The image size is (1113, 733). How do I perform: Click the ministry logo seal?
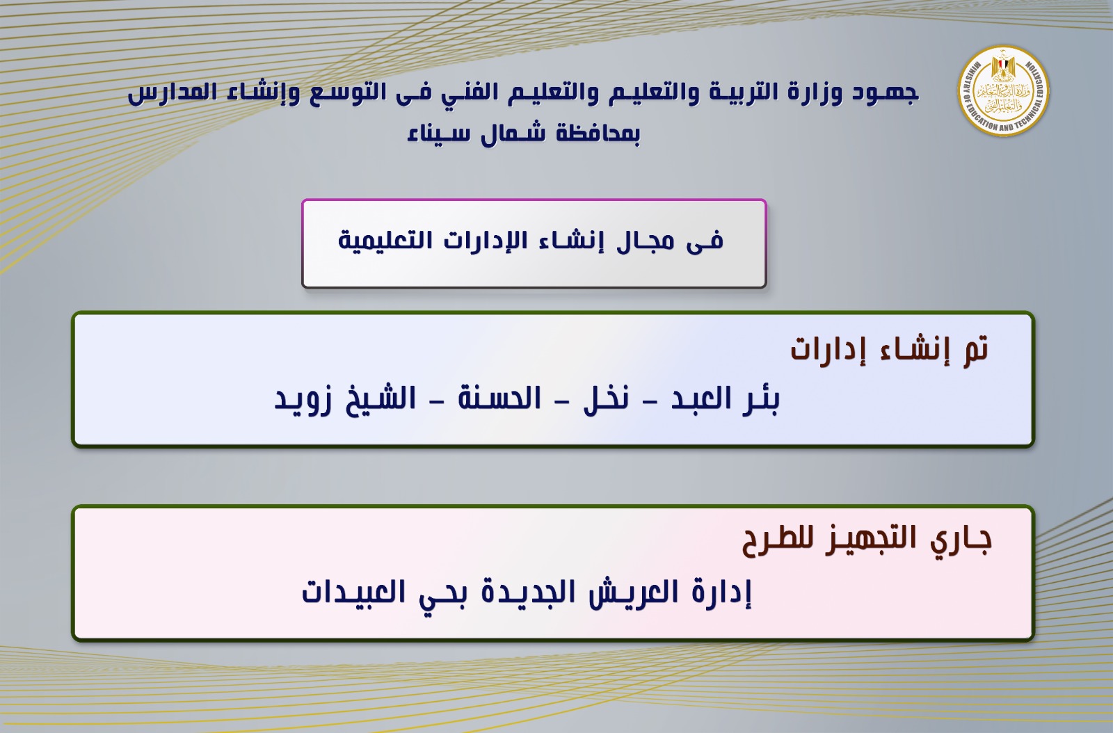click(1003, 91)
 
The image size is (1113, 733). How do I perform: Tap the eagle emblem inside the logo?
click(1003, 67)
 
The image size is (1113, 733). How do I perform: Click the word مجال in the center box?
click(646, 241)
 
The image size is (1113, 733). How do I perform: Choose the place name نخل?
click(606, 399)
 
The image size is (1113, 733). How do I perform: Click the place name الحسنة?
click(499, 398)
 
